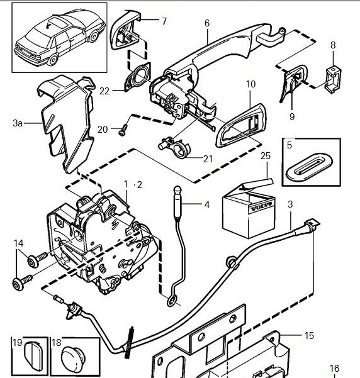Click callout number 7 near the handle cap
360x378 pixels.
tap(164, 21)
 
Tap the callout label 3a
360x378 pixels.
tap(18, 123)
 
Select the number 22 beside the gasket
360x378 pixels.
tap(104, 91)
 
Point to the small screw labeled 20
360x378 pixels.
tap(123, 130)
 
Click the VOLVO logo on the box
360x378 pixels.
tap(261, 206)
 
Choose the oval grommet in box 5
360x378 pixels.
tap(309, 167)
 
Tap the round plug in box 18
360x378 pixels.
tap(74, 359)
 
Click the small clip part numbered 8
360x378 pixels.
tap(334, 79)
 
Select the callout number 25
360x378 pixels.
tap(266, 156)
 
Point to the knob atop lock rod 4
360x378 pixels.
tap(178, 190)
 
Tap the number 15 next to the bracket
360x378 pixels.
tap(309, 336)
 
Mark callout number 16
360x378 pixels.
tap(335, 369)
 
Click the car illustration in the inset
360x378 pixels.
tap(60, 37)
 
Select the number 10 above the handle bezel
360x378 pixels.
tap(251, 84)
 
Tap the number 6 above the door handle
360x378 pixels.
tap(207, 23)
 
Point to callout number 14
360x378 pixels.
tap(19, 243)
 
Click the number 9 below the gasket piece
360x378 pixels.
tap(292, 117)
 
